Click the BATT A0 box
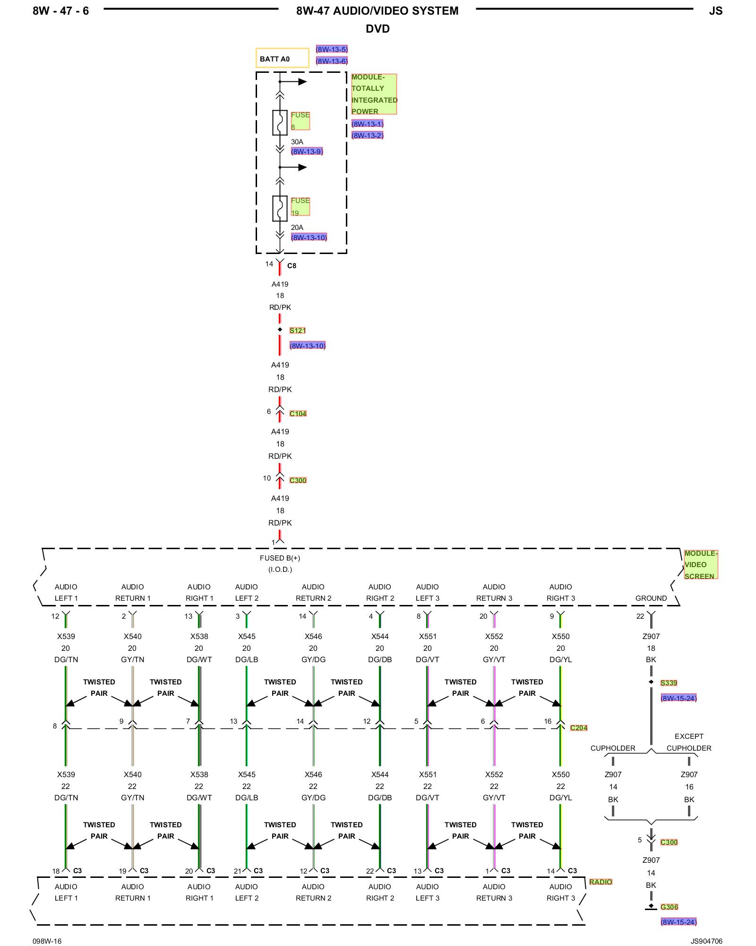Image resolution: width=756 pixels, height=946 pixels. click(282, 58)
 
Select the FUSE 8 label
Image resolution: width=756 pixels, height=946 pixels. click(300, 121)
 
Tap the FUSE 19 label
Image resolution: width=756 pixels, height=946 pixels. click(300, 206)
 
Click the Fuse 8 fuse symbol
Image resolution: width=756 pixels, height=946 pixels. click(280, 123)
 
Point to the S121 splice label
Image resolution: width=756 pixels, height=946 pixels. click(298, 331)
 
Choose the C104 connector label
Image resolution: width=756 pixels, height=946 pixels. click(298, 414)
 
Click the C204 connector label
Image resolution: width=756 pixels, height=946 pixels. click(578, 728)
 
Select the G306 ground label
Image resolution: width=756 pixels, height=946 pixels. click(669, 907)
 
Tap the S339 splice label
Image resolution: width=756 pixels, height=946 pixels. click(669, 683)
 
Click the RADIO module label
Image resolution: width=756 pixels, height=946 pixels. click(601, 882)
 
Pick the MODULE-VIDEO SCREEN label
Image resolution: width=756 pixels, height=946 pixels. click(701, 565)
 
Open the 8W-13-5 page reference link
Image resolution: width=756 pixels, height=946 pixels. click(332, 50)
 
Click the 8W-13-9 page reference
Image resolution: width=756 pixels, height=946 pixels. click(307, 152)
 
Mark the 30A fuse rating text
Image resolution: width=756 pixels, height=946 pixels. click(297, 142)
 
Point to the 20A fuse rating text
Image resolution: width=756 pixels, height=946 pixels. click(297, 228)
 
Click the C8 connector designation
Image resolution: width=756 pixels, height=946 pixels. click(292, 266)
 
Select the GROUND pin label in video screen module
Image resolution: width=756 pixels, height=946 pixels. click(651, 598)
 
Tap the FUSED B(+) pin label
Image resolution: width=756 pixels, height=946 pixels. click(280, 558)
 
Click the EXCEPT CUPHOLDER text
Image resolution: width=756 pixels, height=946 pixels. click(689, 742)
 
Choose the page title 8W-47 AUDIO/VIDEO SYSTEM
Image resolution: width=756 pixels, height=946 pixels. click(377, 11)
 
